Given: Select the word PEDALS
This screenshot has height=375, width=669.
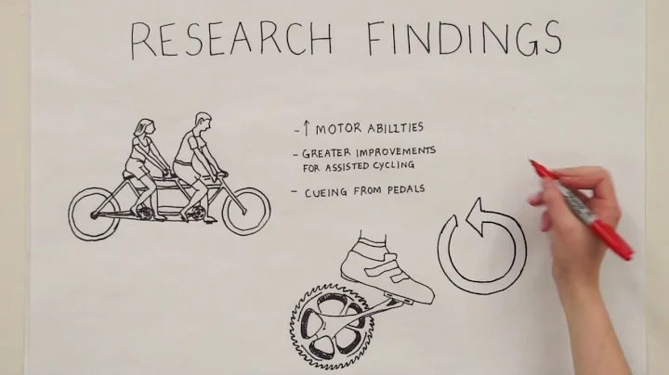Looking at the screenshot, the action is pyautogui.click(x=404, y=190).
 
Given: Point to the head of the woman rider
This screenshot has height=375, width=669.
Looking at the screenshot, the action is pyautogui.click(x=142, y=128).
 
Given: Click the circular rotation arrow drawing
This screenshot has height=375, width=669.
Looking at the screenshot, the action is pyautogui.click(x=481, y=246).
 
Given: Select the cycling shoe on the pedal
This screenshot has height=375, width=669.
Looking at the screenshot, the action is pyautogui.click(x=387, y=268).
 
